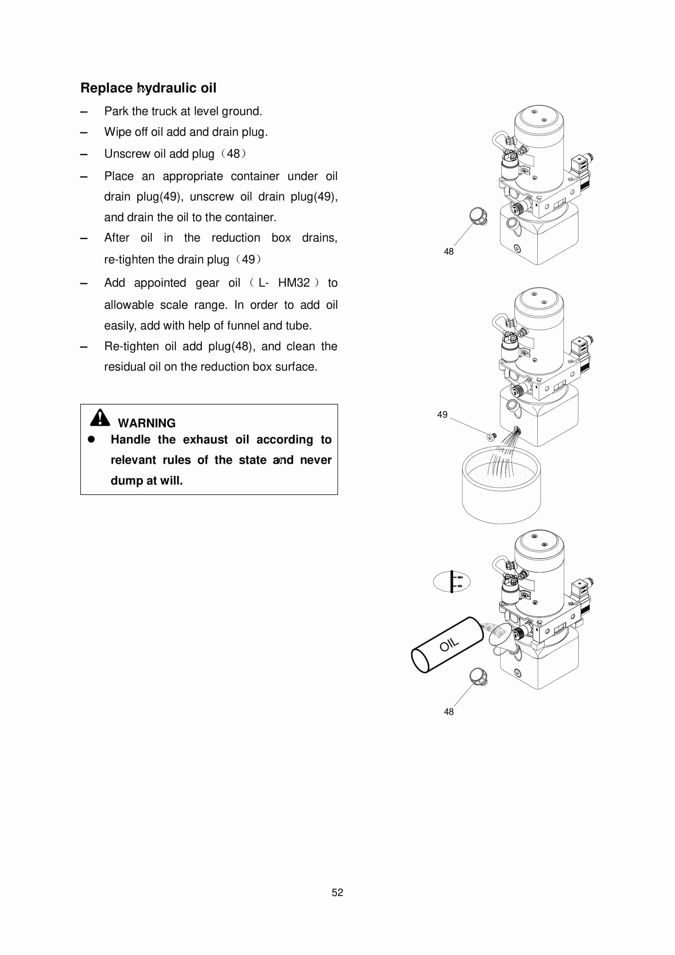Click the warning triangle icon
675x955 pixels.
click(100, 418)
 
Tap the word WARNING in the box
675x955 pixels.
click(146, 423)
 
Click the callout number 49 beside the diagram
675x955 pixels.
click(442, 414)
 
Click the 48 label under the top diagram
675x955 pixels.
click(448, 251)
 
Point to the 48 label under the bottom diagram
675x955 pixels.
click(448, 712)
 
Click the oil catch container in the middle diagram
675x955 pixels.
click(501, 491)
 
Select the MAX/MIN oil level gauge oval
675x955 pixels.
click(452, 582)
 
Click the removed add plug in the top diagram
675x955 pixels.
click(478, 216)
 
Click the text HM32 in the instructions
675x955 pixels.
click(294, 283)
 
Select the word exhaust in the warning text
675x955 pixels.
click(205, 440)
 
